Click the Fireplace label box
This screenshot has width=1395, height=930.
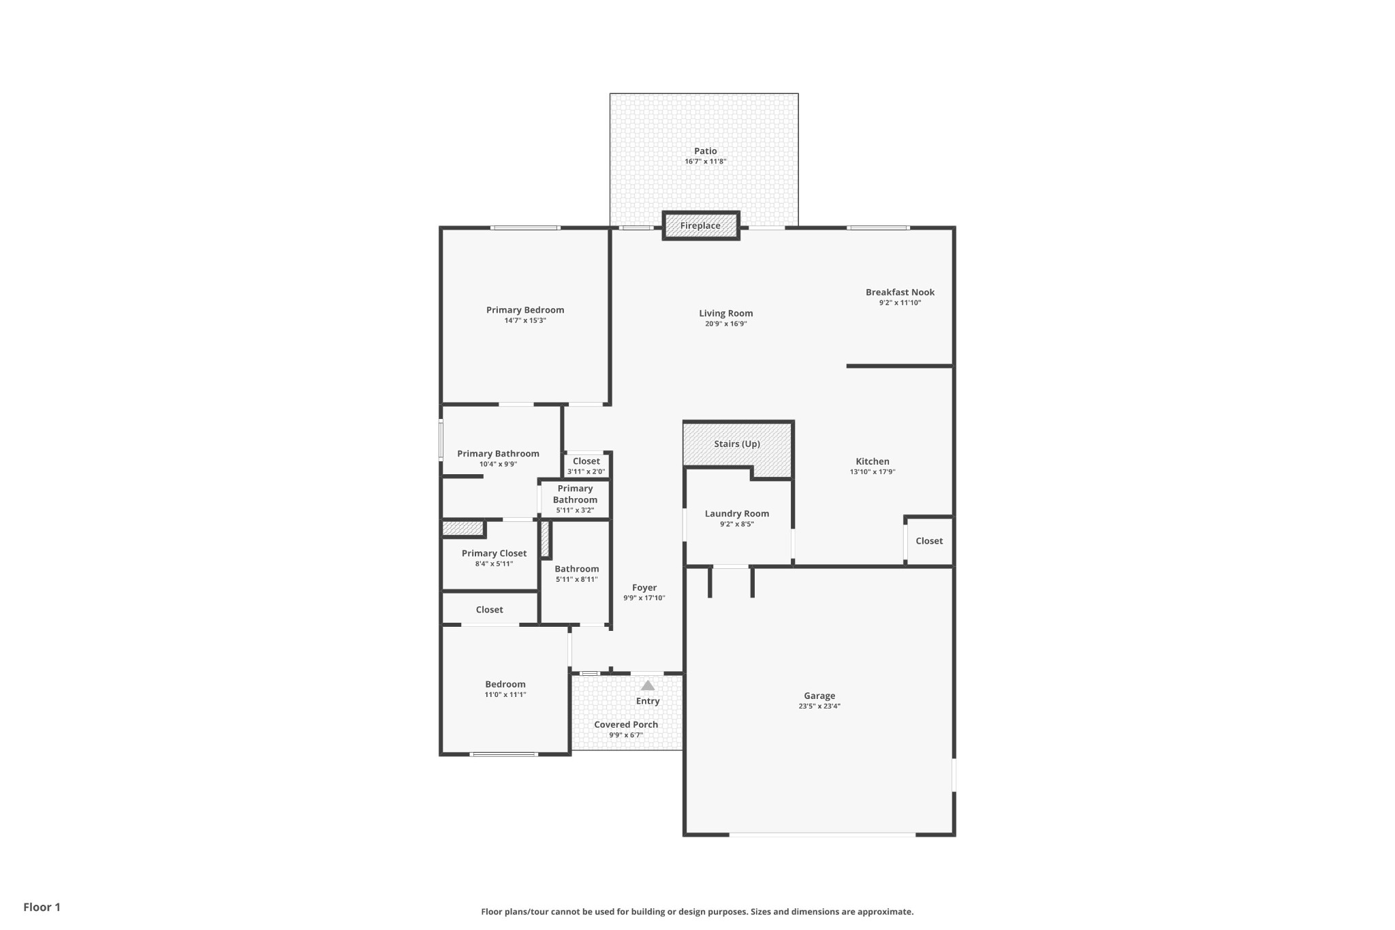700,226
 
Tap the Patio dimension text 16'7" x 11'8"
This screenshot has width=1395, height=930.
705,161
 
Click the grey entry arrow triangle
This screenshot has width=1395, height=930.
648,685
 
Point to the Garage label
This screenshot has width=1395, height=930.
819,696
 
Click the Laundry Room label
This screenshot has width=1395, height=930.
736,514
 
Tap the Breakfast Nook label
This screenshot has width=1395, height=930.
900,292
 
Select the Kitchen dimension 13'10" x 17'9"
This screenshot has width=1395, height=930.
872,471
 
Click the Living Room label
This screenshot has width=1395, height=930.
725,313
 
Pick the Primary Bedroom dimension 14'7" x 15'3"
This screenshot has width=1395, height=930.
524,320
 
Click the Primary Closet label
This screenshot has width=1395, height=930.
494,553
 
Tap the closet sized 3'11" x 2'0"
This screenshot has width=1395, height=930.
586,466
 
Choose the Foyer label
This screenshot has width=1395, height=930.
644,587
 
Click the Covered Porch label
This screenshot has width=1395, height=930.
625,724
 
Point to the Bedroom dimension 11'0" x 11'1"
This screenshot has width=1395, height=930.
505,695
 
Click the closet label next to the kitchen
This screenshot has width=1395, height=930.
928,541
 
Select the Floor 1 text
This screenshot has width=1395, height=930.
42,907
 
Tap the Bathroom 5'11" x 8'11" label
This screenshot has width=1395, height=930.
576,569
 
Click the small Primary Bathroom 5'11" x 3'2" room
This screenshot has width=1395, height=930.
575,499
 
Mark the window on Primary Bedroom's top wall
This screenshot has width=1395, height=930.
525,228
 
